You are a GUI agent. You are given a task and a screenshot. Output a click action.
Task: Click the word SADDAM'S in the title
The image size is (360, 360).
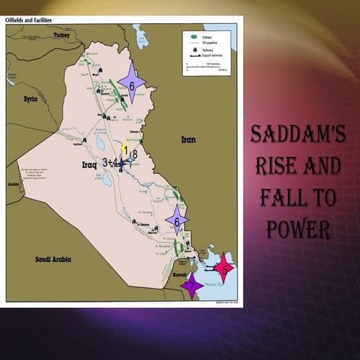tap(298, 135)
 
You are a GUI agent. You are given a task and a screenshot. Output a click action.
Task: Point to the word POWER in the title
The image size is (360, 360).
tap(298, 229)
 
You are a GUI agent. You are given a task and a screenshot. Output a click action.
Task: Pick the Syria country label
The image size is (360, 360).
tap(30, 98)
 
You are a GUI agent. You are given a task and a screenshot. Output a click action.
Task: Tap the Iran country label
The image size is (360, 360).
tap(187, 139)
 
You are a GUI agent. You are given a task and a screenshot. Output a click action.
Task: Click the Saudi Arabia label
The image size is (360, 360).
tap(52, 259)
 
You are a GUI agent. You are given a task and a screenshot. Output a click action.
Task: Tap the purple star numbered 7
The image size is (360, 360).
tap(192, 285)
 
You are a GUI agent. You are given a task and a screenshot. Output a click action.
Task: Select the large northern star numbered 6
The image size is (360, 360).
tap(132, 85)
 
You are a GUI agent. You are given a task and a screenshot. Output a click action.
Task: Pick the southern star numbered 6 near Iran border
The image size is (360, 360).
tap(177, 220)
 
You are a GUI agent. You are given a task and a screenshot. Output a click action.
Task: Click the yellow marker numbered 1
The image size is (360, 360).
tap(124, 148)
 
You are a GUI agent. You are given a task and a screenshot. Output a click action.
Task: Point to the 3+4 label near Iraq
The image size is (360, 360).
tap(111, 162)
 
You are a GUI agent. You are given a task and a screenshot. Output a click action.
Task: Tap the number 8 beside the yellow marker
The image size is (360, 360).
tap(134, 154)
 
